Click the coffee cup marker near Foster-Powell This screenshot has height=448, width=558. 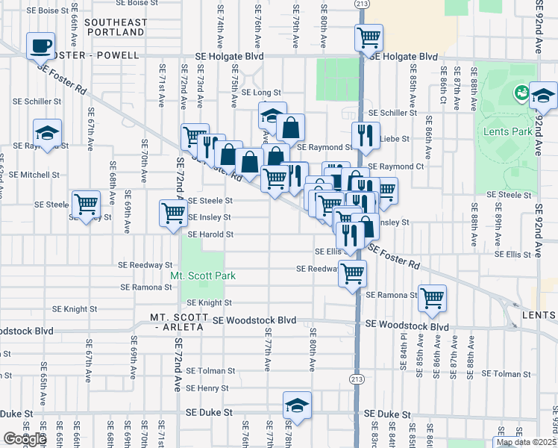click(40, 46)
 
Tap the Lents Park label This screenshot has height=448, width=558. click(512, 131)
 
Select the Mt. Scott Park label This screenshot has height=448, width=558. click(203, 276)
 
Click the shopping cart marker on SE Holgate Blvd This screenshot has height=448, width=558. click(369, 37)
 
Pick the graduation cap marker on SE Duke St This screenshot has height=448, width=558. click(297, 406)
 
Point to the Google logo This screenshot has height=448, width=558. click(24, 438)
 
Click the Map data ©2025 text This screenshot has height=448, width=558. click(527, 442)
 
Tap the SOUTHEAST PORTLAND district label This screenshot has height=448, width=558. click(116, 28)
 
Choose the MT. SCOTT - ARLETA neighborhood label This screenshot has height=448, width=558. click(180, 317)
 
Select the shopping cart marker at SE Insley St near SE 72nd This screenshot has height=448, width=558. click(173, 213)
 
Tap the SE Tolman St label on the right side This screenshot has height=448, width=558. click(506, 373)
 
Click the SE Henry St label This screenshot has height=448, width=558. click(207, 388)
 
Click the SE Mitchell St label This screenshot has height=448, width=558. click(34, 175)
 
